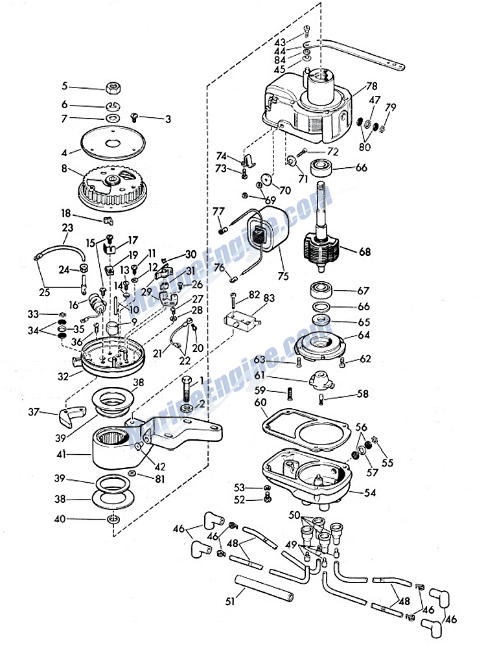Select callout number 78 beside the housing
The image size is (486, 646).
371,86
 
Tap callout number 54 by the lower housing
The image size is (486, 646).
369,493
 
